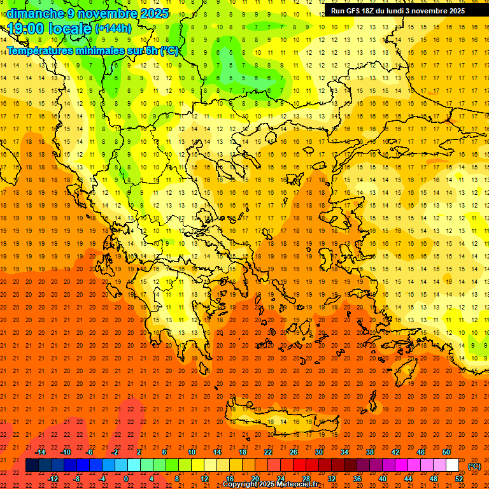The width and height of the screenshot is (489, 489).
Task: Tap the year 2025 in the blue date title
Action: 154,13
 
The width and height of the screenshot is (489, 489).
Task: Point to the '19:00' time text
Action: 25,29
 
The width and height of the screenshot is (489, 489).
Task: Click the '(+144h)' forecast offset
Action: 113,29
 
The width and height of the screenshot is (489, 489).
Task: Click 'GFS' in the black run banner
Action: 355,11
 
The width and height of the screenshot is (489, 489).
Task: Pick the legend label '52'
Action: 459,478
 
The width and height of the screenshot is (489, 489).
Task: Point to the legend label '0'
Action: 127,478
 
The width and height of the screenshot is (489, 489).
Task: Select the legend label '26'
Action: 294,451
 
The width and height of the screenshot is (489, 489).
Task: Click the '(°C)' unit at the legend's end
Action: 474,465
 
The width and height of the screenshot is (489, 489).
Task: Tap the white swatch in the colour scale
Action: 452,465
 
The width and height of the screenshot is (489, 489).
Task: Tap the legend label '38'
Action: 370,451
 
